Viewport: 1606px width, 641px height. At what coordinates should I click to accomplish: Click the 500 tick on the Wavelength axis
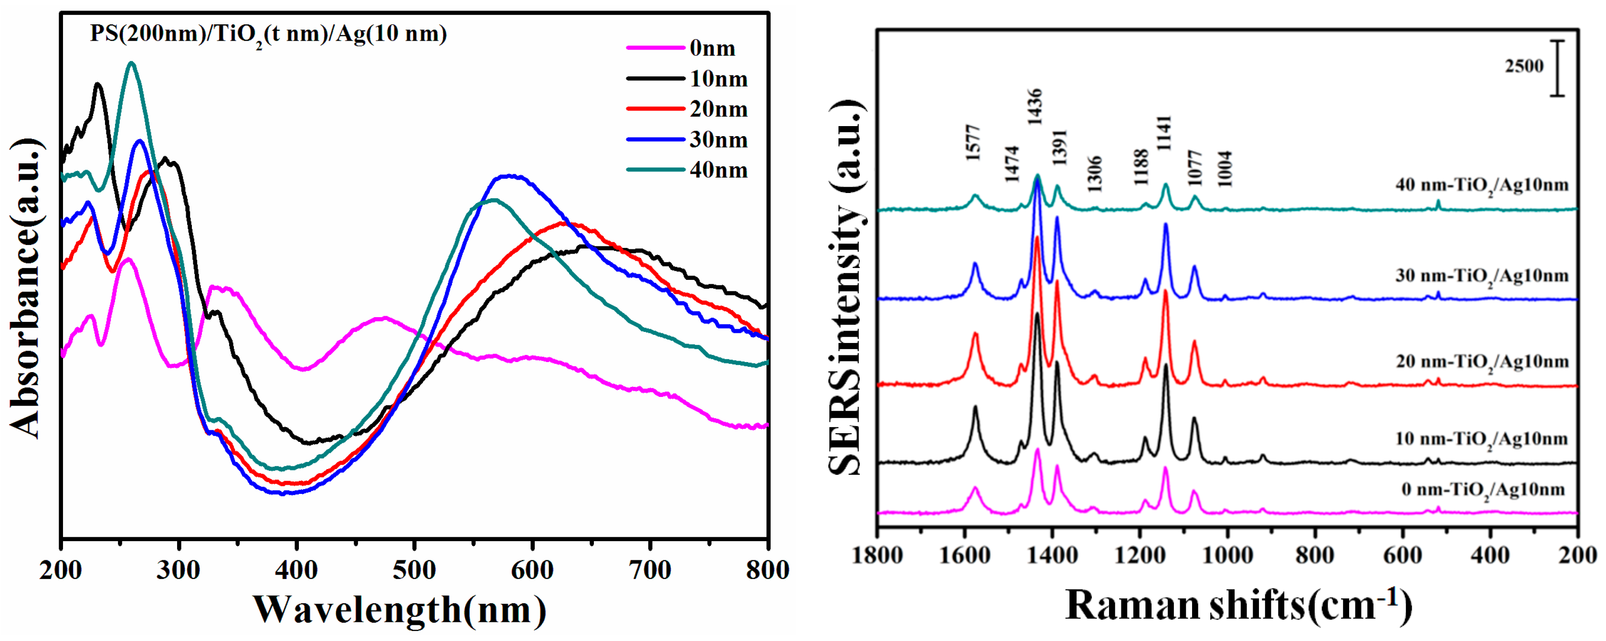[414, 570]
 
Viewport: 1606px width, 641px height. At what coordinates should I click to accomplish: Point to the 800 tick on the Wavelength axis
[767, 570]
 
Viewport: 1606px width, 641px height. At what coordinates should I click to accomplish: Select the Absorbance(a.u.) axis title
[25, 287]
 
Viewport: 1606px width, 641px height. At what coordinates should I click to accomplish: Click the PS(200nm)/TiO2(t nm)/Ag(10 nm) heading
[268, 33]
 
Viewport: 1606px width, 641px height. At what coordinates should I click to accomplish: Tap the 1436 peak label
[1035, 107]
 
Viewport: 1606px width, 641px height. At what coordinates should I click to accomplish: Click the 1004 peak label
[1225, 168]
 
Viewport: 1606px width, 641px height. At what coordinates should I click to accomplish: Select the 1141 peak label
[1164, 133]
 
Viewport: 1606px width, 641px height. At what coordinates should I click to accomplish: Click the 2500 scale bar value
[1524, 66]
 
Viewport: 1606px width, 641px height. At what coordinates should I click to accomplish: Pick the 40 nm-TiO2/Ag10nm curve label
[1481, 185]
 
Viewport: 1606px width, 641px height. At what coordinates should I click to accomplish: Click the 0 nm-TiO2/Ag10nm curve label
[1482, 490]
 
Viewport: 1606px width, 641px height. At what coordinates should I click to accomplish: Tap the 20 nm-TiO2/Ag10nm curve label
[1481, 362]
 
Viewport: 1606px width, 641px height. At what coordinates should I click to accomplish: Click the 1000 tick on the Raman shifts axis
[1227, 555]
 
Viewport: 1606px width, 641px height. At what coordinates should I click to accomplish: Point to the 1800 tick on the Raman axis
[877, 555]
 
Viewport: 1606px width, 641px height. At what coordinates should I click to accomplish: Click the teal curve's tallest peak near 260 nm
[131, 63]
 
